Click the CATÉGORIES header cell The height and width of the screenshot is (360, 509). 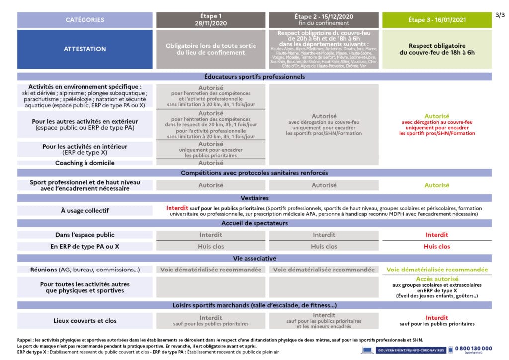click(85, 20)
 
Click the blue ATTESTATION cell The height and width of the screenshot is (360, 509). click(85, 49)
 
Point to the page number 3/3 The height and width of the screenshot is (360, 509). click(500, 15)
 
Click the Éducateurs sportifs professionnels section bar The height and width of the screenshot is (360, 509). click(254, 77)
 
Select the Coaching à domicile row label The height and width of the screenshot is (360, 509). click(85, 163)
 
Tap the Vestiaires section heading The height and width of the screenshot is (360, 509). click(254, 198)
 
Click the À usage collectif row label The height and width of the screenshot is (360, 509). click(85, 211)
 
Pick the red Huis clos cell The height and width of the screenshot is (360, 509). click(436, 246)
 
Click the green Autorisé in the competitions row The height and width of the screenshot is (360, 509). click(436, 185)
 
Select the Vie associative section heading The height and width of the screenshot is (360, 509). click(254, 258)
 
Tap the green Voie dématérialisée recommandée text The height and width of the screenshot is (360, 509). click(436, 270)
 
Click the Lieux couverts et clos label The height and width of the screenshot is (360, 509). click(85, 321)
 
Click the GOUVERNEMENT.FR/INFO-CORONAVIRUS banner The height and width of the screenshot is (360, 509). click(405, 350)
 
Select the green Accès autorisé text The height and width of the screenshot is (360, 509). click(436, 279)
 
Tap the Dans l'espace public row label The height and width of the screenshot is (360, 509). click(85, 235)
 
